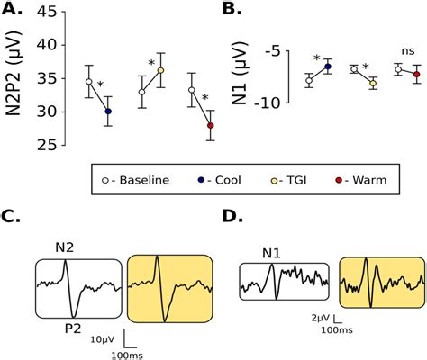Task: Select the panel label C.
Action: pyautogui.click(x=13, y=218)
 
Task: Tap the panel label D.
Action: pyautogui.click(x=232, y=218)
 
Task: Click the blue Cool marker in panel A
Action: pyautogui.click(x=108, y=112)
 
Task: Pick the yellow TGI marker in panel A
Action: pyautogui.click(x=160, y=70)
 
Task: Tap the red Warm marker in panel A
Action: pyautogui.click(x=211, y=125)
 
